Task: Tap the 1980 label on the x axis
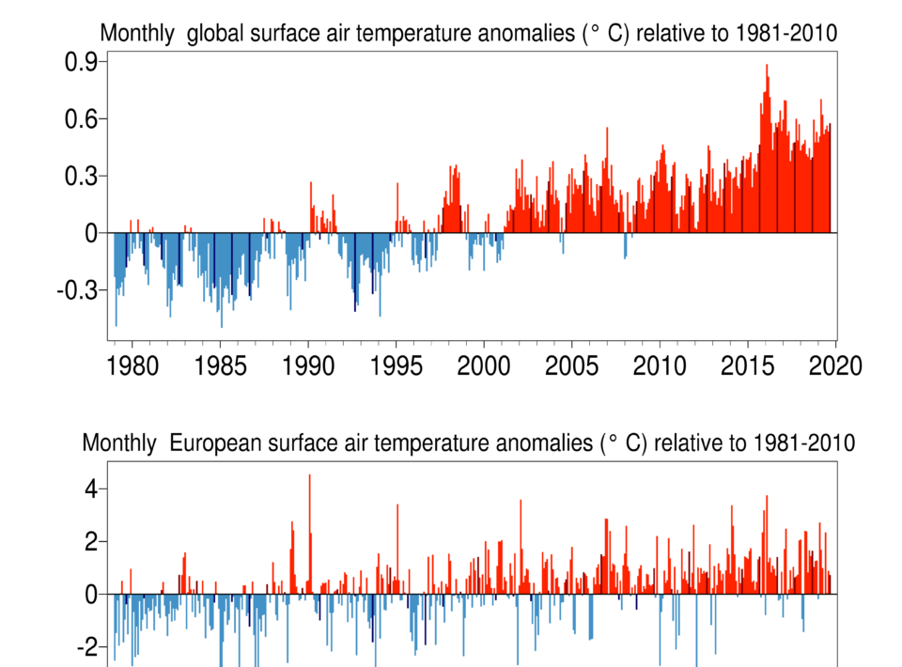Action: pos(132,365)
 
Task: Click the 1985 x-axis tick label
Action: pos(220,365)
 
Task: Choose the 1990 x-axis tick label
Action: pos(309,365)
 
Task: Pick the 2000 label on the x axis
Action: pos(485,365)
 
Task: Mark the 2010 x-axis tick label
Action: pos(661,365)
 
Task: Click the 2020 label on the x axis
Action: pos(836,365)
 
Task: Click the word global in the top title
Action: pos(215,34)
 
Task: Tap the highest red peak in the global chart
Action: pos(767,66)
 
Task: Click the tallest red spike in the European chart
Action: pos(309,476)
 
